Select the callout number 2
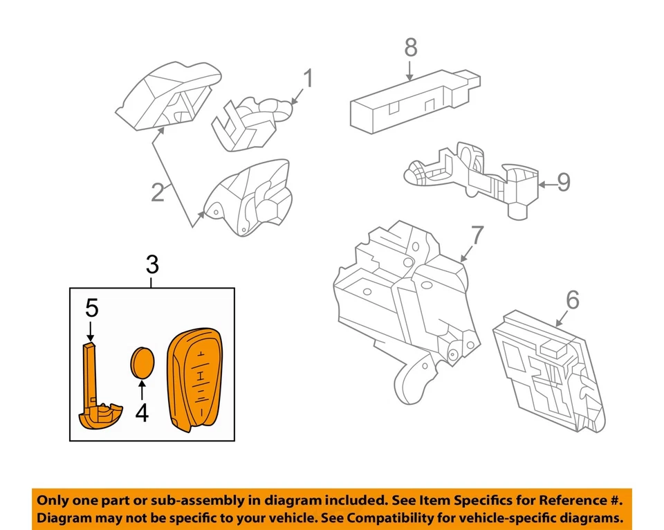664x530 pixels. (158, 192)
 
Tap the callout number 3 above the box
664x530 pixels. (152, 264)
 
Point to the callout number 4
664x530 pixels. (142, 413)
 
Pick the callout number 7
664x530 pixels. (479, 236)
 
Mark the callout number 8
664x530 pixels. (410, 48)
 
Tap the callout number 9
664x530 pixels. (564, 183)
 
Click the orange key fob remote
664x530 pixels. (196, 379)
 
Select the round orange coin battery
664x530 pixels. (143, 365)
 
